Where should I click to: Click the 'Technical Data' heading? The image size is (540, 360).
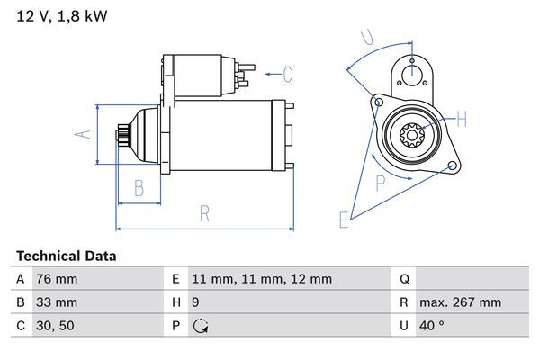pyautogui.click(x=67, y=256)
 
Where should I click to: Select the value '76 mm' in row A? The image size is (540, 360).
pyautogui.click(x=56, y=280)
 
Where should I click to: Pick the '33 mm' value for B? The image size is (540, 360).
pyautogui.click(x=56, y=302)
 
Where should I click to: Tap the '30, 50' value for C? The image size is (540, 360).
pyautogui.click(x=54, y=326)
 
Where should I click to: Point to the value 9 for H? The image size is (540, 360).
pyautogui.click(x=197, y=302)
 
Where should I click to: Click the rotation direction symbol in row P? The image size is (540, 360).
pyautogui.click(x=201, y=326)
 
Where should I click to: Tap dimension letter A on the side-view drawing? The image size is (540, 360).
pyautogui.click(x=82, y=134)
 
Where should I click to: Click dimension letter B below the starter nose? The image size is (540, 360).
pyautogui.click(x=139, y=188)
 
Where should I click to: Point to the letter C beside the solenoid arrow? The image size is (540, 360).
pyautogui.click(x=288, y=75)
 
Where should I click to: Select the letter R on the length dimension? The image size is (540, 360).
pyautogui.click(x=204, y=214)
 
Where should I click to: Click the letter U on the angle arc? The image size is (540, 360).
pyautogui.click(x=366, y=37)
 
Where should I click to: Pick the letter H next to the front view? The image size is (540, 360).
pyautogui.click(x=462, y=119)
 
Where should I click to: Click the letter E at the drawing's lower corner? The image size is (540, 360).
pyautogui.click(x=343, y=220)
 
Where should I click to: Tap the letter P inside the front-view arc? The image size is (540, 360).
pyautogui.click(x=381, y=183)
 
